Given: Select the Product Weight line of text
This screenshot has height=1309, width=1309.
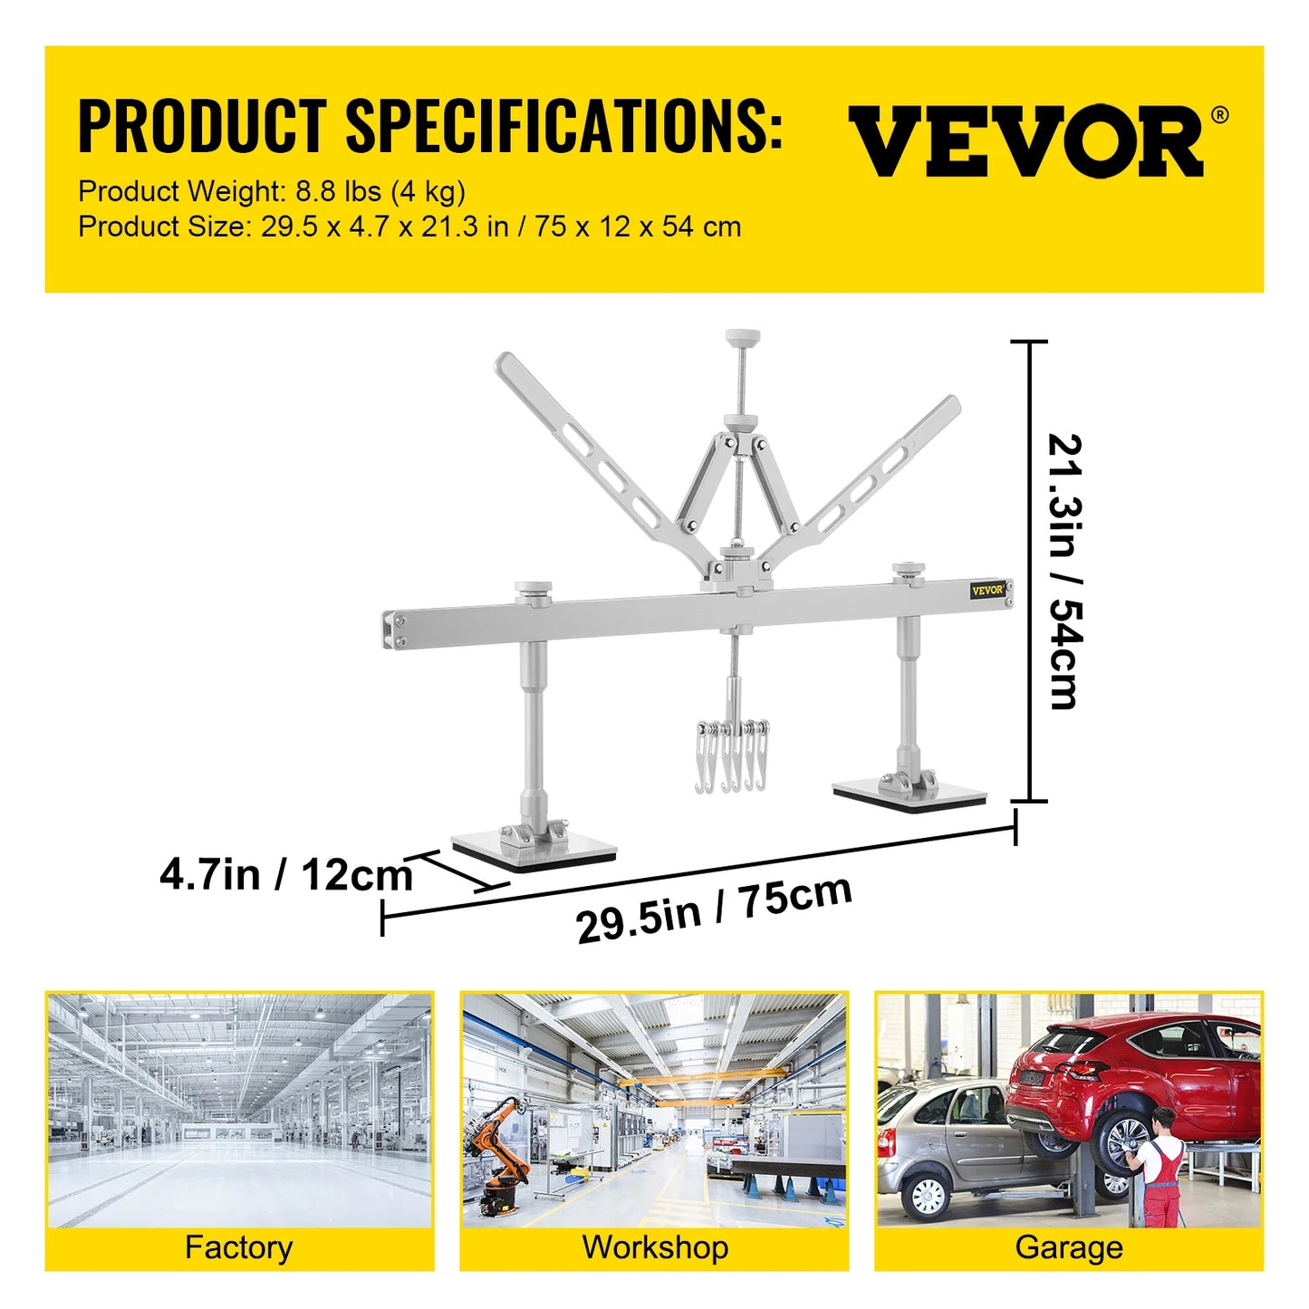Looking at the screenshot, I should click(272, 191).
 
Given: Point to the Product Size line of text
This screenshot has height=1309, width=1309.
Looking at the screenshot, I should click(409, 226).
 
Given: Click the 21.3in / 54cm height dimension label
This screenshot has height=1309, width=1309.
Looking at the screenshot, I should click(1065, 571).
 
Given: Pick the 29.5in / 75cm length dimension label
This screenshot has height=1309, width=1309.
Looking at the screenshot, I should click(714, 908).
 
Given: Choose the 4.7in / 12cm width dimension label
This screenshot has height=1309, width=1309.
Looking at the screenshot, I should click(286, 875).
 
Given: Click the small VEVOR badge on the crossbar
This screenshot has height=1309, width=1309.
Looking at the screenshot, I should click(987, 590).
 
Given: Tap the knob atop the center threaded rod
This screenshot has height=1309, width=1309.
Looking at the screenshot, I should click(742, 338).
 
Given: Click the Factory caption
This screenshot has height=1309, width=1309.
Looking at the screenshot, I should click(238, 1247).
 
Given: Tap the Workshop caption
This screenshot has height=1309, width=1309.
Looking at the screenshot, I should click(655, 1247).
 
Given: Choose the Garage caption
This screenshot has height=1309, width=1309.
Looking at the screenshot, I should click(1069, 1247).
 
